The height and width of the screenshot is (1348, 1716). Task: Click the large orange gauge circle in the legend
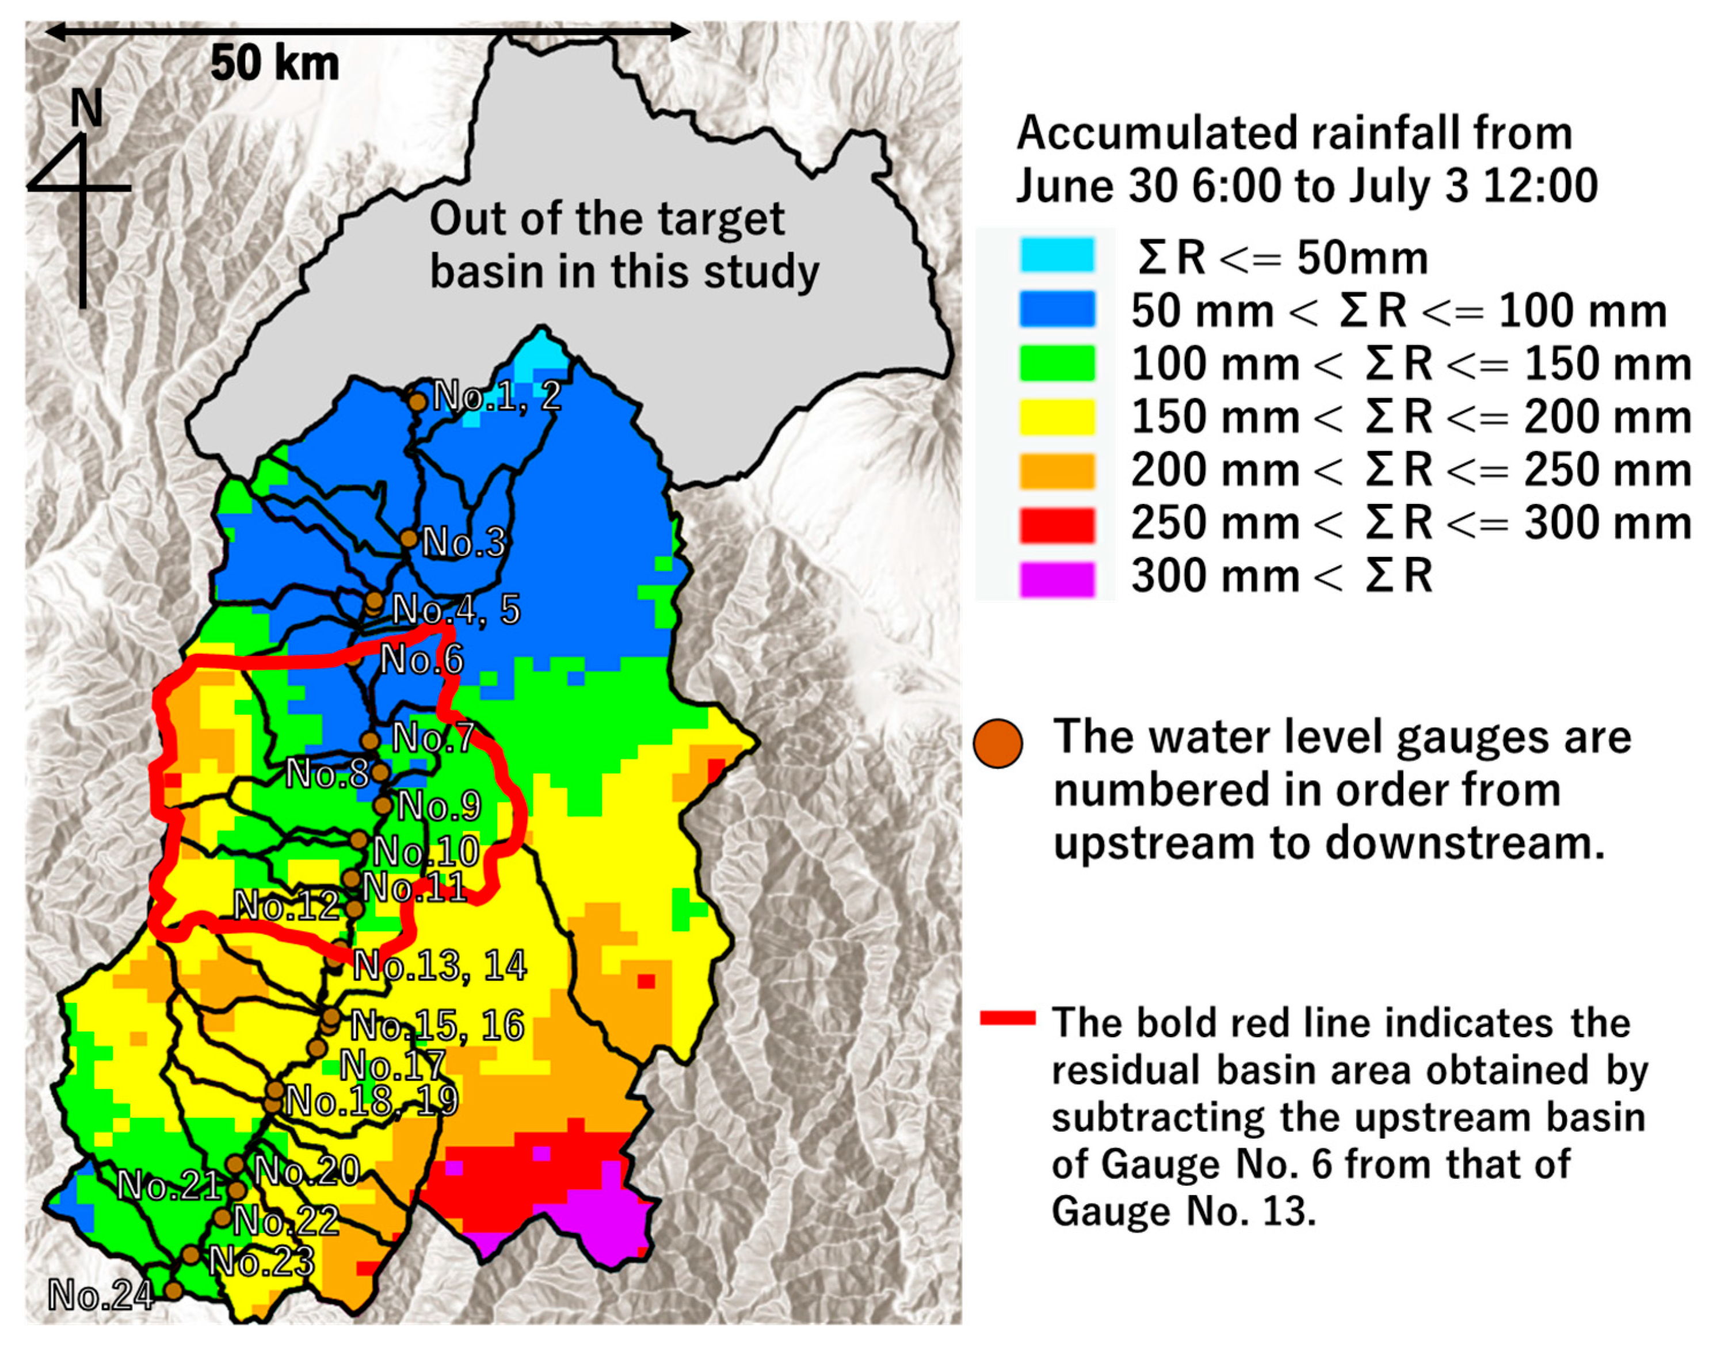coord(998,743)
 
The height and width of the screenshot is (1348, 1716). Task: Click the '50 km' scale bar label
coord(274,63)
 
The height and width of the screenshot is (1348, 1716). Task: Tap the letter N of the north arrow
coord(86,108)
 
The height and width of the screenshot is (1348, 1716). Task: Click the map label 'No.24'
coord(100,1295)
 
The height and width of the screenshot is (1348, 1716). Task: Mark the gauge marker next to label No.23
coord(191,1255)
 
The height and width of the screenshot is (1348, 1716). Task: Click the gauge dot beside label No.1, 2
coord(418,401)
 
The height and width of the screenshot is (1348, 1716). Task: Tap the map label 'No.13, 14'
coord(439,966)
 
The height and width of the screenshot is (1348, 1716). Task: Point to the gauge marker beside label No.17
coord(316,1048)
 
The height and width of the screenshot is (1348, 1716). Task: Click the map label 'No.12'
coord(286,905)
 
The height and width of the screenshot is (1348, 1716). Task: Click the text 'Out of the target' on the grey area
coord(606,219)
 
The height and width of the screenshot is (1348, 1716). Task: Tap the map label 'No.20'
coord(307,1170)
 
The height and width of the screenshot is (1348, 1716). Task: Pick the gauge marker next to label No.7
coord(370,740)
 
